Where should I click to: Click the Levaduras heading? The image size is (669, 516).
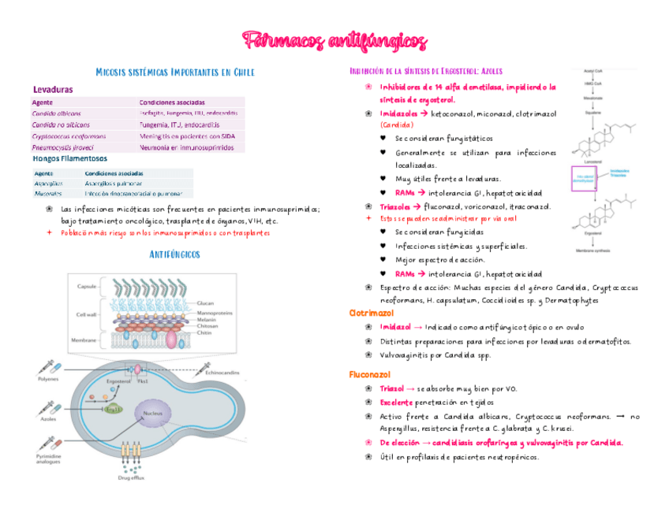pyautogui.click(x=53, y=90)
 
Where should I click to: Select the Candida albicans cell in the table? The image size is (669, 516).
pyautogui.click(x=56, y=113)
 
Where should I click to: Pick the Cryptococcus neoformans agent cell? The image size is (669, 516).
pyautogui.click(x=69, y=135)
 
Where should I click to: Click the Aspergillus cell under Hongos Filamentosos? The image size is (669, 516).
pyautogui.click(x=49, y=182)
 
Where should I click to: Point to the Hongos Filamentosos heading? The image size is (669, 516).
pyautogui.click(x=69, y=158)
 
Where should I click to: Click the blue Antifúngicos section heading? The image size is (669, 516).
pyautogui.click(x=174, y=254)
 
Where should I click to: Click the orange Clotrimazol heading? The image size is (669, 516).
pyautogui.click(x=372, y=314)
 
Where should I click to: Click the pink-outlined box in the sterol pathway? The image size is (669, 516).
pyautogui.click(x=589, y=179)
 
